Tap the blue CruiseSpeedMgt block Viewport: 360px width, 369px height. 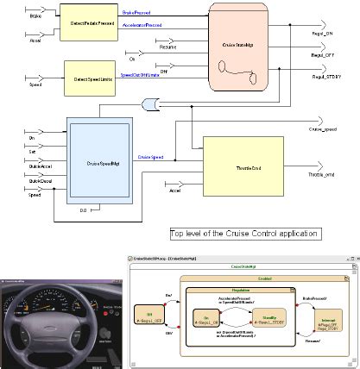point(103,161)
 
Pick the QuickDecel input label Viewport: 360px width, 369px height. point(16,182)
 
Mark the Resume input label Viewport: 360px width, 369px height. point(167,47)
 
